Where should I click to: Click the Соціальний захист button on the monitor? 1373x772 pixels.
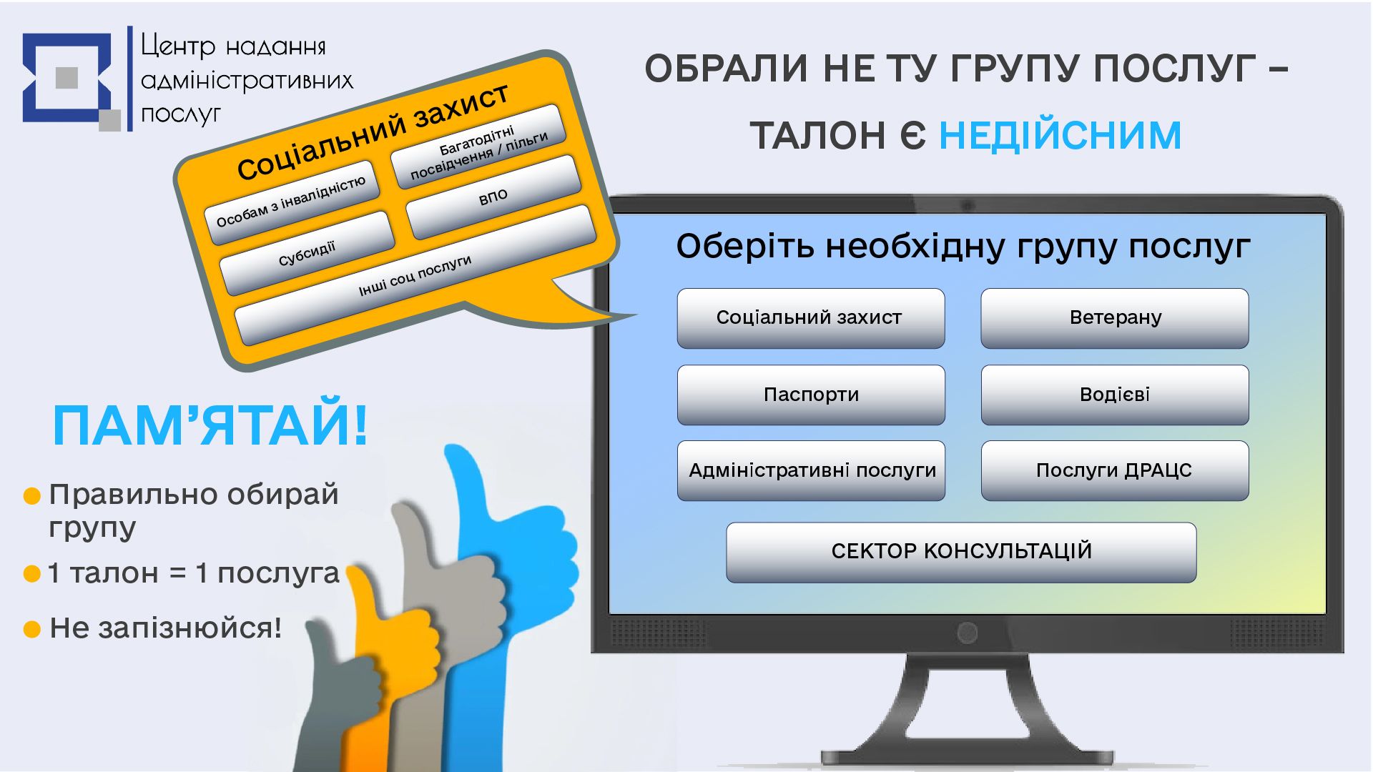[811, 318]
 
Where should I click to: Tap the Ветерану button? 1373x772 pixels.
[1115, 318]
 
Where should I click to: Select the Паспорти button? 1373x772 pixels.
[811, 395]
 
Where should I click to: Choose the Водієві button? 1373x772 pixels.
[1115, 395]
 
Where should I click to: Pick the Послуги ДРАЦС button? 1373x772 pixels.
[1115, 470]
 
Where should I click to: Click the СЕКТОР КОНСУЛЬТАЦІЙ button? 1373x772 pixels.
[961, 552]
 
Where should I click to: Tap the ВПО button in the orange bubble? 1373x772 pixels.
[493, 197]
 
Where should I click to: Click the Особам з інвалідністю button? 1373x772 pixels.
[290, 201]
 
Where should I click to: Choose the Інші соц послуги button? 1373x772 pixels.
[415, 275]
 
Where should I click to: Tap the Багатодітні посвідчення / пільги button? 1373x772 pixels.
[478, 147]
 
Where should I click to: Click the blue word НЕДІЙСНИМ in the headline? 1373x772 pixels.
[1060, 135]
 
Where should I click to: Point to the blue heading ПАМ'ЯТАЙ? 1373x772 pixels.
[210, 426]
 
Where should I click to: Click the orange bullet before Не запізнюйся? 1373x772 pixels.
[32, 629]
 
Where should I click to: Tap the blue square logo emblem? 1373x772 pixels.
[68, 78]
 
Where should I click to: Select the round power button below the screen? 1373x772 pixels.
[967, 633]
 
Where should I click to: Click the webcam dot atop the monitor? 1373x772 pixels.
[968, 206]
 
